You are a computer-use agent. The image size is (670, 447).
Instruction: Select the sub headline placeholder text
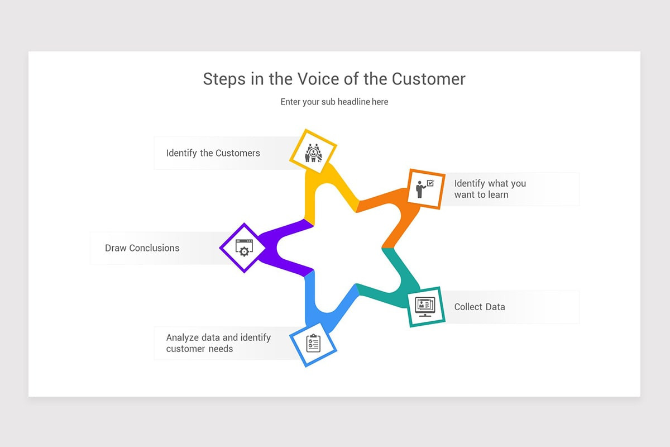[334, 102]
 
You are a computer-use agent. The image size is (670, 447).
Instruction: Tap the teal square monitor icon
[425, 306]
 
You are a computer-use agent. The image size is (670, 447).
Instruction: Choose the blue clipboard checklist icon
[313, 343]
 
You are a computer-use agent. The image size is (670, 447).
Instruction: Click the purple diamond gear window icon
[243, 248]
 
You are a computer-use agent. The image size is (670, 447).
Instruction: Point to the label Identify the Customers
[213, 153]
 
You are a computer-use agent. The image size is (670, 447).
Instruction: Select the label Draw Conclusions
[142, 248]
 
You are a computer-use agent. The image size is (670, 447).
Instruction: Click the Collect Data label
[479, 307]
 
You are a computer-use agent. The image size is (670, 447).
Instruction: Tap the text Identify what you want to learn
[490, 189]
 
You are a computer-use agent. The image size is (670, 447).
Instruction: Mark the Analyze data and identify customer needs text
[218, 343]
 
